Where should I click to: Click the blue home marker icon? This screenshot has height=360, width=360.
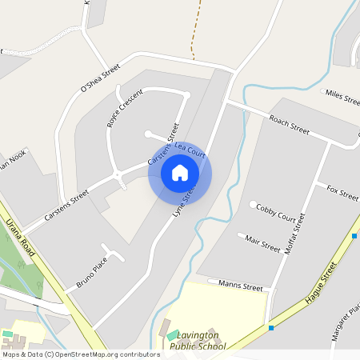pos(179,173)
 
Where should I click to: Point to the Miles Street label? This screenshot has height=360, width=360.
pos(344,95)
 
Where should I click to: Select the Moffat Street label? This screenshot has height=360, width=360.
pos(294,234)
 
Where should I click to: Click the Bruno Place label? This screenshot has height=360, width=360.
pos(91,273)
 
